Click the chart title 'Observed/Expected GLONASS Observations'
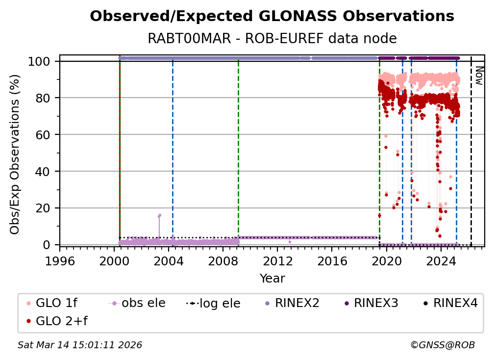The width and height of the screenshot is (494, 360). point(272,17)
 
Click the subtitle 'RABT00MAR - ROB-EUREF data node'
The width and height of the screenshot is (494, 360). point(272,38)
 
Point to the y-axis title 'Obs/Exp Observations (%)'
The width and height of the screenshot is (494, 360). point(15,154)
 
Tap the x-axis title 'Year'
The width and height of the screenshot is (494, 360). point(272,279)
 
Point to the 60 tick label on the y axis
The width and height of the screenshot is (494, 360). point(46,134)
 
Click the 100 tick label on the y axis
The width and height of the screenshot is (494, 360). point(41,61)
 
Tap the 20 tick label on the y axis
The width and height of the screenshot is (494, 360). point(46,208)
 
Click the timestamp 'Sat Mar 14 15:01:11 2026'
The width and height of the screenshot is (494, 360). point(80,345)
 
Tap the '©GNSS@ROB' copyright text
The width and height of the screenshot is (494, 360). point(442,345)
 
